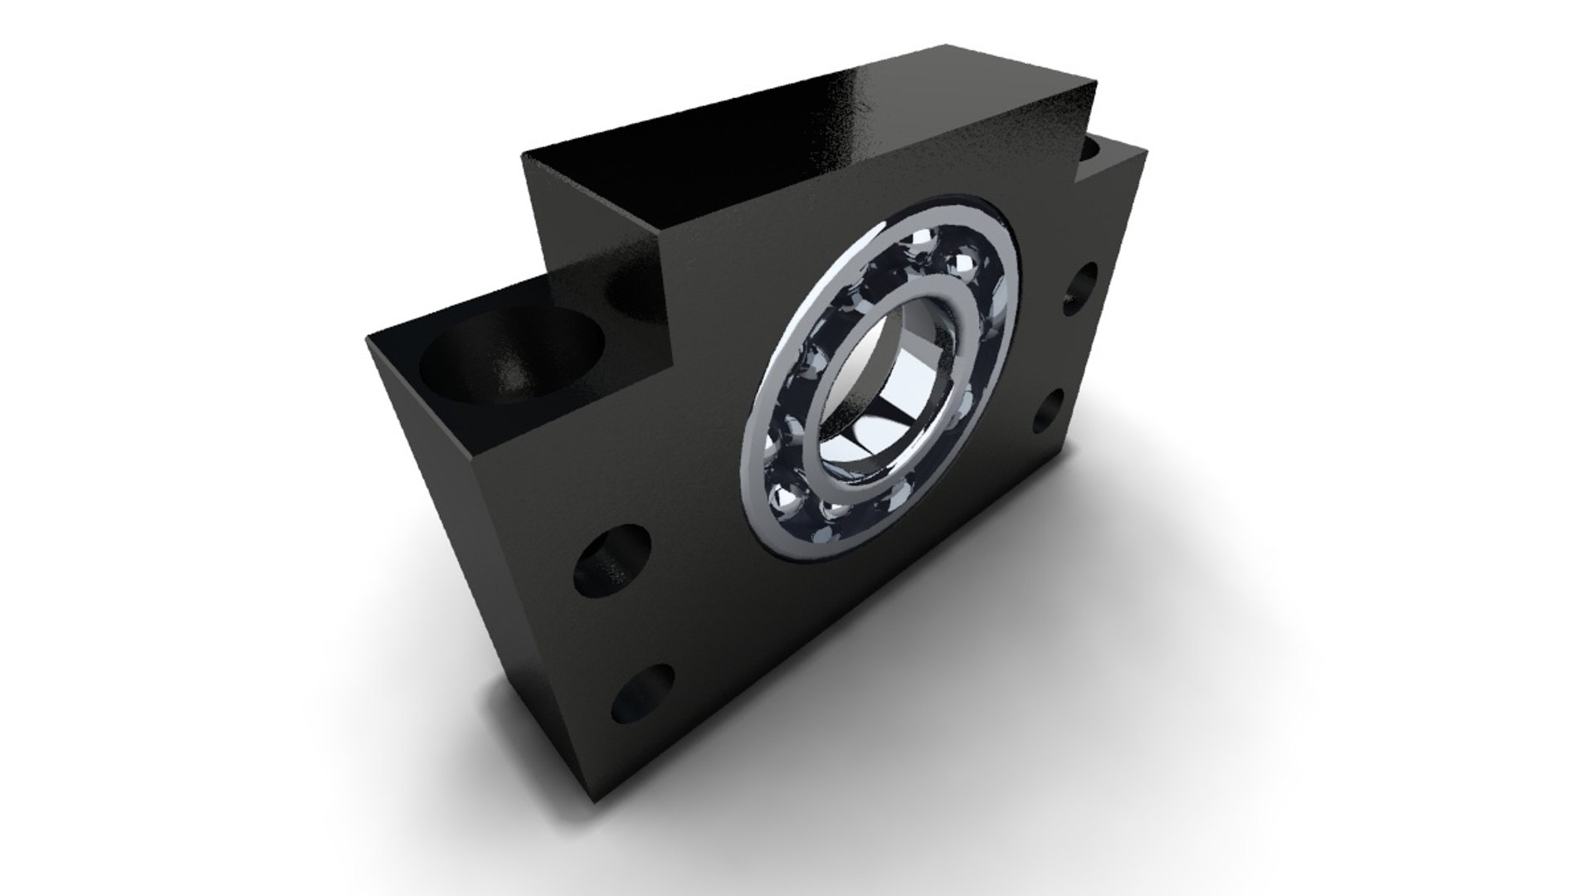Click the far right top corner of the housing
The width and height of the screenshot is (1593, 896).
coord(1147,149)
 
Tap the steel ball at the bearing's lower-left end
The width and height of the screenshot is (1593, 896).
coord(784,499)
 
